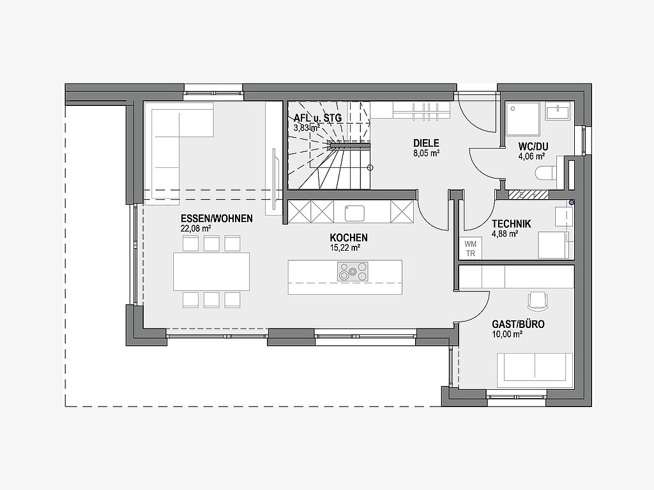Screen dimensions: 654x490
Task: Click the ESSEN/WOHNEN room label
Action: pyautogui.click(x=217, y=218)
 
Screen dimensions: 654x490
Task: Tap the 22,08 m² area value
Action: pyautogui.click(x=195, y=228)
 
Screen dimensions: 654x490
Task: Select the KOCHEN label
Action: pyautogui.click(x=349, y=237)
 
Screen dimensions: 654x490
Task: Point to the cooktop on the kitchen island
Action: pyautogui.click(x=353, y=271)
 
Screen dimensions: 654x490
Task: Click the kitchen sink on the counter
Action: pyautogui.click(x=354, y=213)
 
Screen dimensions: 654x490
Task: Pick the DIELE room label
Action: pyautogui.click(x=426, y=144)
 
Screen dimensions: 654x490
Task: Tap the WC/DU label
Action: pyautogui.click(x=533, y=146)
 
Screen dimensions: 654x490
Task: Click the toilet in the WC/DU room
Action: pyautogui.click(x=547, y=174)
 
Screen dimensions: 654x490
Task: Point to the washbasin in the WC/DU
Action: pyautogui.click(x=558, y=113)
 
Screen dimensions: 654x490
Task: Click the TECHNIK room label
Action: pyautogui.click(x=512, y=224)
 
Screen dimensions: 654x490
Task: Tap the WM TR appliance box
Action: pyautogui.click(x=471, y=248)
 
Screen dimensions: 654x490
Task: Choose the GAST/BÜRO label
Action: pyautogui.click(x=518, y=324)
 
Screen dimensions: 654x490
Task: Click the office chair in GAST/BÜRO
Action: pyautogui.click(x=538, y=301)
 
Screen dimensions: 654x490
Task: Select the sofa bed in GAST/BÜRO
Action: pyautogui.click(x=535, y=367)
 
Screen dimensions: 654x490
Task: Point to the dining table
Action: pyautogui.click(x=211, y=271)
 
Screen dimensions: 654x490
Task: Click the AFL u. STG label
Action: pyautogui.click(x=318, y=118)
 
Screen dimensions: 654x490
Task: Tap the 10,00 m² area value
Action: pyautogui.click(x=508, y=334)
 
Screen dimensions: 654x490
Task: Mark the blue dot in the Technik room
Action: pyautogui.click(x=572, y=202)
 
